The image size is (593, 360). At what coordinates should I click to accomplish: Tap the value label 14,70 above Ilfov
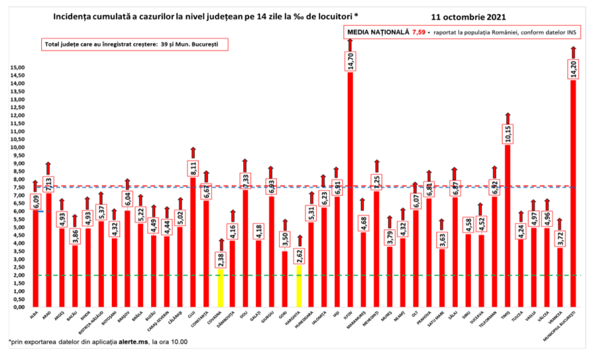(350, 61)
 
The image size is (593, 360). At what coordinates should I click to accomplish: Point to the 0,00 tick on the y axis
(18, 307)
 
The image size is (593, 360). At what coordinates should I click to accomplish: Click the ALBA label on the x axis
(34, 315)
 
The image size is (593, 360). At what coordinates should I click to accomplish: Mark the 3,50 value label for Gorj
(284, 241)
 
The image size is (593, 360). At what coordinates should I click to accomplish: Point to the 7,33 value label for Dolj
(245, 180)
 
